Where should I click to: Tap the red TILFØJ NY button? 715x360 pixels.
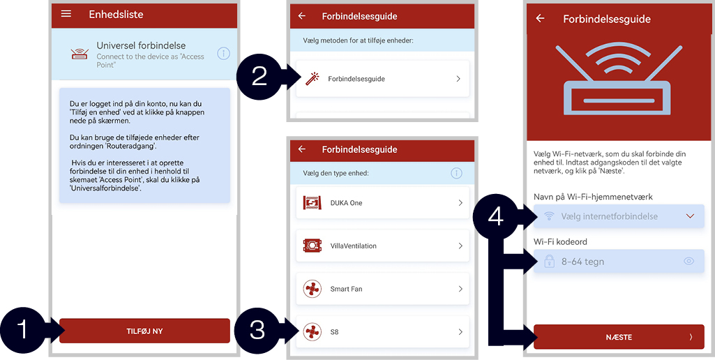pyautogui.click(x=144, y=331)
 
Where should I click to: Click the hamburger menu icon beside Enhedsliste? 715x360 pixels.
pyautogui.click(x=66, y=14)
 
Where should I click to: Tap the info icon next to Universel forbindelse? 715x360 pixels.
pyautogui.click(x=223, y=54)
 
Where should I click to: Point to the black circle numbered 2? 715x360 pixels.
pyautogui.click(x=259, y=77)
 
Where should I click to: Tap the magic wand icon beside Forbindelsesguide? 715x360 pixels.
pyautogui.click(x=313, y=79)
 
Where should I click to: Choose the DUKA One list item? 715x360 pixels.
pyautogui.click(x=382, y=202)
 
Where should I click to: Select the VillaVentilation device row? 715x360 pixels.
pyautogui.click(x=382, y=246)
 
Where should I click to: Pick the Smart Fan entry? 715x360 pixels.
pyautogui.click(x=382, y=289)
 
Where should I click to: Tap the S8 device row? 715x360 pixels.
pyautogui.click(x=382, y=331)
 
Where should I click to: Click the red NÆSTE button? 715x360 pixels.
pyautogui.click(x=619, y=337)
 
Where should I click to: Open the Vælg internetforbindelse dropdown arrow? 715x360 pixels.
pyautogui.click(x=690, y=216)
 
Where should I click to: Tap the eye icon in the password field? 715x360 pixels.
pyautogui.click(x=688, y=262)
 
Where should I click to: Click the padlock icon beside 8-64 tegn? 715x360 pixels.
pyautogui.click(x=550, y=262)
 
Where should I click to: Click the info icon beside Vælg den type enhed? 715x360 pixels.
pyautogui.click(x=456, y=174)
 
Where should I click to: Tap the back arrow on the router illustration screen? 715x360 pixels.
pyautogui.click(x=541, y=18)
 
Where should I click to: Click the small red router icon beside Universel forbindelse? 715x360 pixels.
pyautogui.click(x=80, y=54)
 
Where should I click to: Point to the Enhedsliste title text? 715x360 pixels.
pyautogui.click(x=116, y=14)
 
